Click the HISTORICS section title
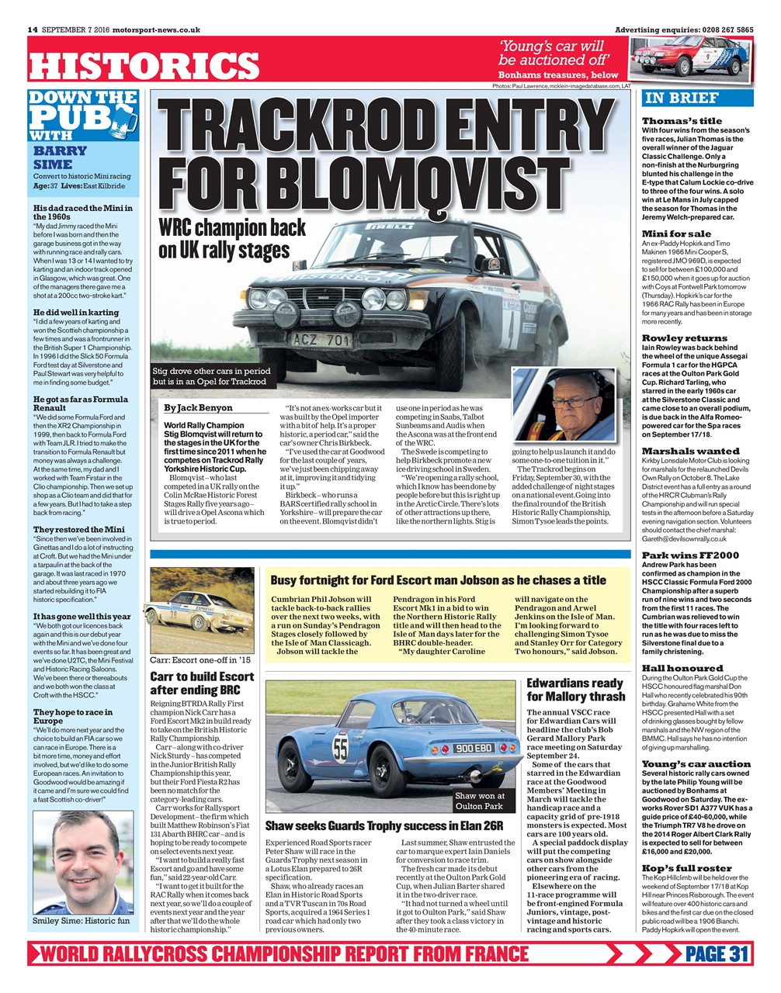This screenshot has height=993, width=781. point(144,66)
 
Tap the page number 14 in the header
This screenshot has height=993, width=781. point(33,29)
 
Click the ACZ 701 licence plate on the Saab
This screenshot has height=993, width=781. point(321,340)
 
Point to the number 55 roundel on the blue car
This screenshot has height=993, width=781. point(340,748)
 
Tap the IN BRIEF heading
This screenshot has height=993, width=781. point(682,98)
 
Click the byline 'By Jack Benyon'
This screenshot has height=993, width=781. point(198,407)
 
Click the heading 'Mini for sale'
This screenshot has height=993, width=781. point(675,234)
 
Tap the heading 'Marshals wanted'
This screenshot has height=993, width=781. point(690,451)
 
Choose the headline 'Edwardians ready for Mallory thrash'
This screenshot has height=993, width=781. point(574,690)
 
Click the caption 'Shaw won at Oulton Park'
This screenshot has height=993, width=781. point(480,801)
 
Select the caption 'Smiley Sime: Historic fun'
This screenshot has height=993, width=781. point(81,921)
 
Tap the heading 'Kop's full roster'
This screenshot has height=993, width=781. point(686,868)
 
